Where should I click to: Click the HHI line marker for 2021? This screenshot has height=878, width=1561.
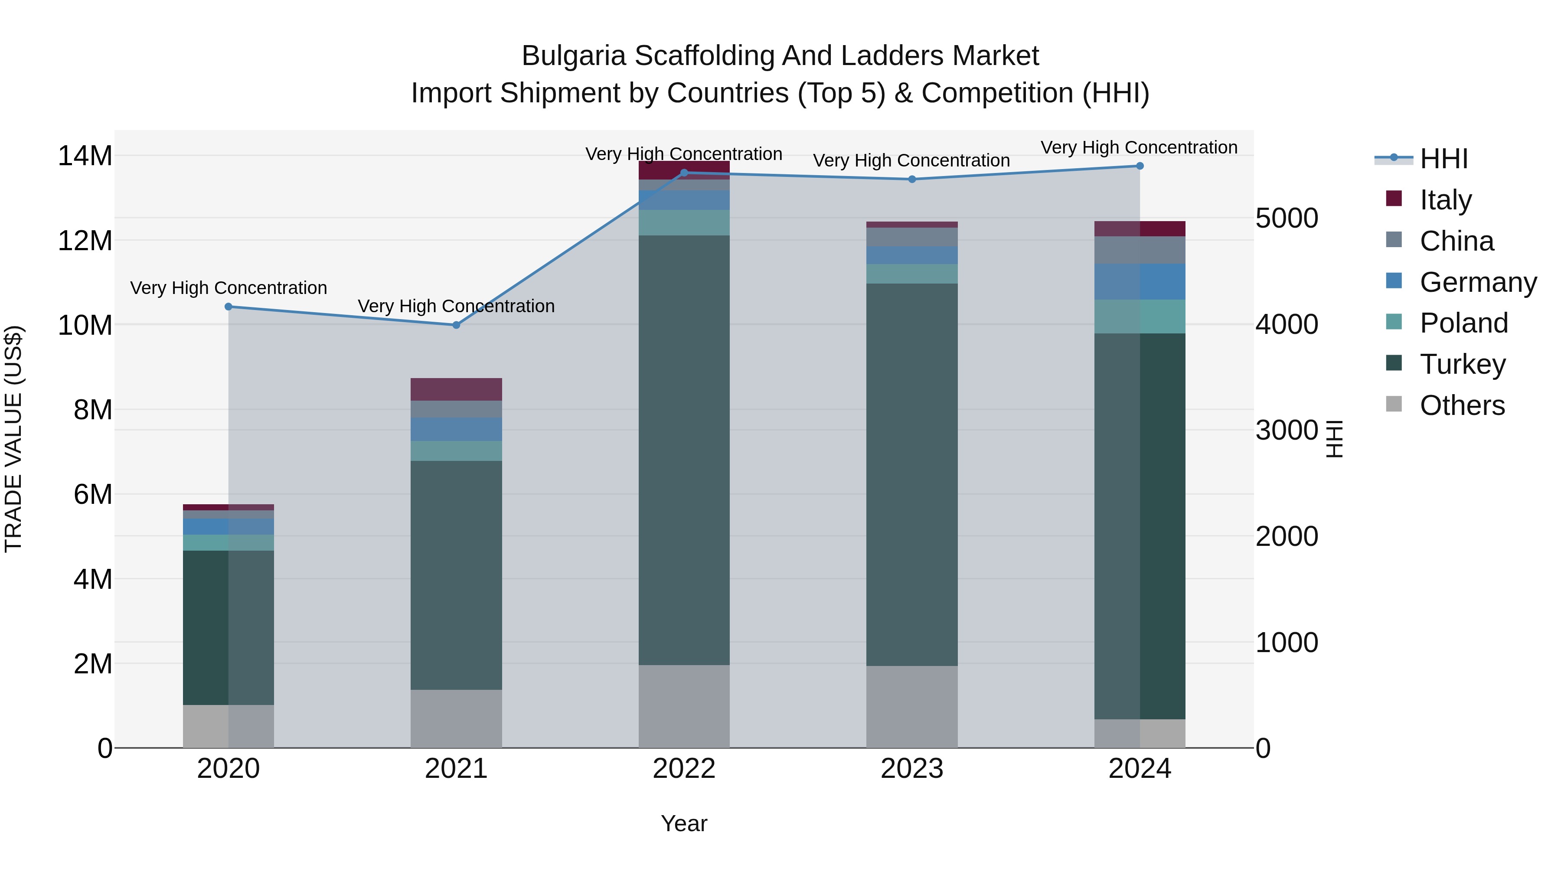click(x=456, y=325)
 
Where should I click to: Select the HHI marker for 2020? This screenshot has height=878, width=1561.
click(x=229, y=307)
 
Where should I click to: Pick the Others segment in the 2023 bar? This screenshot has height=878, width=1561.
click(x=911, y=707)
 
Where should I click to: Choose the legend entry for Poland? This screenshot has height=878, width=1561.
click(x=1463, y=323)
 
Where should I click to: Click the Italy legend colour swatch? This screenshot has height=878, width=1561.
click(x=1394, y=199)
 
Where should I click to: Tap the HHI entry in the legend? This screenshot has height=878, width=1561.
click(x=1443, y=159)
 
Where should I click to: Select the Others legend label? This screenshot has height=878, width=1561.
click(x=1462, y=405)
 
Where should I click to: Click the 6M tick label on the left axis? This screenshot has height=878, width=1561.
click(x=93, y=494)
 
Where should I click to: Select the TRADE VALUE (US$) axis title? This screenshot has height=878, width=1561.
click(x=14, y=439)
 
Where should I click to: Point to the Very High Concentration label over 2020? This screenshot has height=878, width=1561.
click(x=229, y=288)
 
